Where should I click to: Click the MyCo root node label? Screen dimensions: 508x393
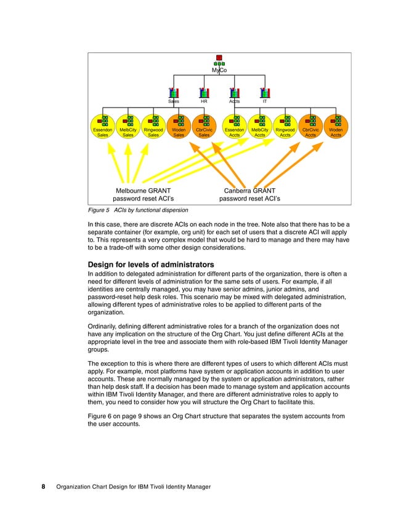click(x=219, y=71)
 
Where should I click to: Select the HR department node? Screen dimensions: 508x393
click(x=204, y=95)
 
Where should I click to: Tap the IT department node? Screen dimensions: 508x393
click(x=265, y=95)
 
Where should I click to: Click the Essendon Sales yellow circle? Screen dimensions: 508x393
click(x=103, y=127)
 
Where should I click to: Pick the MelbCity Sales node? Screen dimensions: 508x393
click(x=128, y=127)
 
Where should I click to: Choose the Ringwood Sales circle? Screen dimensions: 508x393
click(x=153, y=127)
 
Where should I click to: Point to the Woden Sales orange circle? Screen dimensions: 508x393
click(x=179, y=127)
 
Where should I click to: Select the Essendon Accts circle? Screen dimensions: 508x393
click(x=234, y=127)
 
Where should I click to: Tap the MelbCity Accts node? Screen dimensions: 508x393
click(x=260, y=127)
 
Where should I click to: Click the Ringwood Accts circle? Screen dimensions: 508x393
click(x=285, y=127)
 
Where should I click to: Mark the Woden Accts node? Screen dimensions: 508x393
click(x=336, y=127)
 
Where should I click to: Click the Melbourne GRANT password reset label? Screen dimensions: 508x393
click(x=143, y=194)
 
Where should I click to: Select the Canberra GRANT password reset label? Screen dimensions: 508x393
click(x=249, y=194)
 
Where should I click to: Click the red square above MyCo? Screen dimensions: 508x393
click(x=219, y=58)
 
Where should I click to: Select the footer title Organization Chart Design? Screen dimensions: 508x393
click(x=133, y=487)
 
